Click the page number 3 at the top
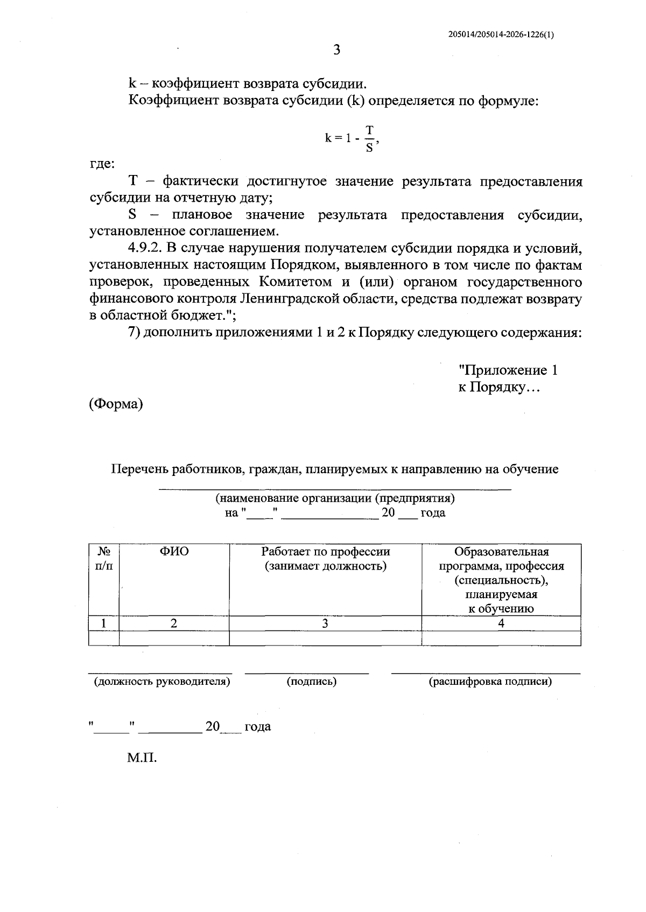(x=337, y=50)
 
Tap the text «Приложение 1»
(x=508, y=370)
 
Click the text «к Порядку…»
(x=498, y=387)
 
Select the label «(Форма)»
(x=116, y=404)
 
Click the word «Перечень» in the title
(x=139, y=469)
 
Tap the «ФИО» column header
(x=174, y=552)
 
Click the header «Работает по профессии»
(x=325, y=552)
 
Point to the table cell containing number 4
(x=501, y=623)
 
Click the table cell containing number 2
(x=174, y=623)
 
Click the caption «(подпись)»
(x=312, y=682)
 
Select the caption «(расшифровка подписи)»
(x=490, y=682)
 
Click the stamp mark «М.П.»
(x=142, y=759)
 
